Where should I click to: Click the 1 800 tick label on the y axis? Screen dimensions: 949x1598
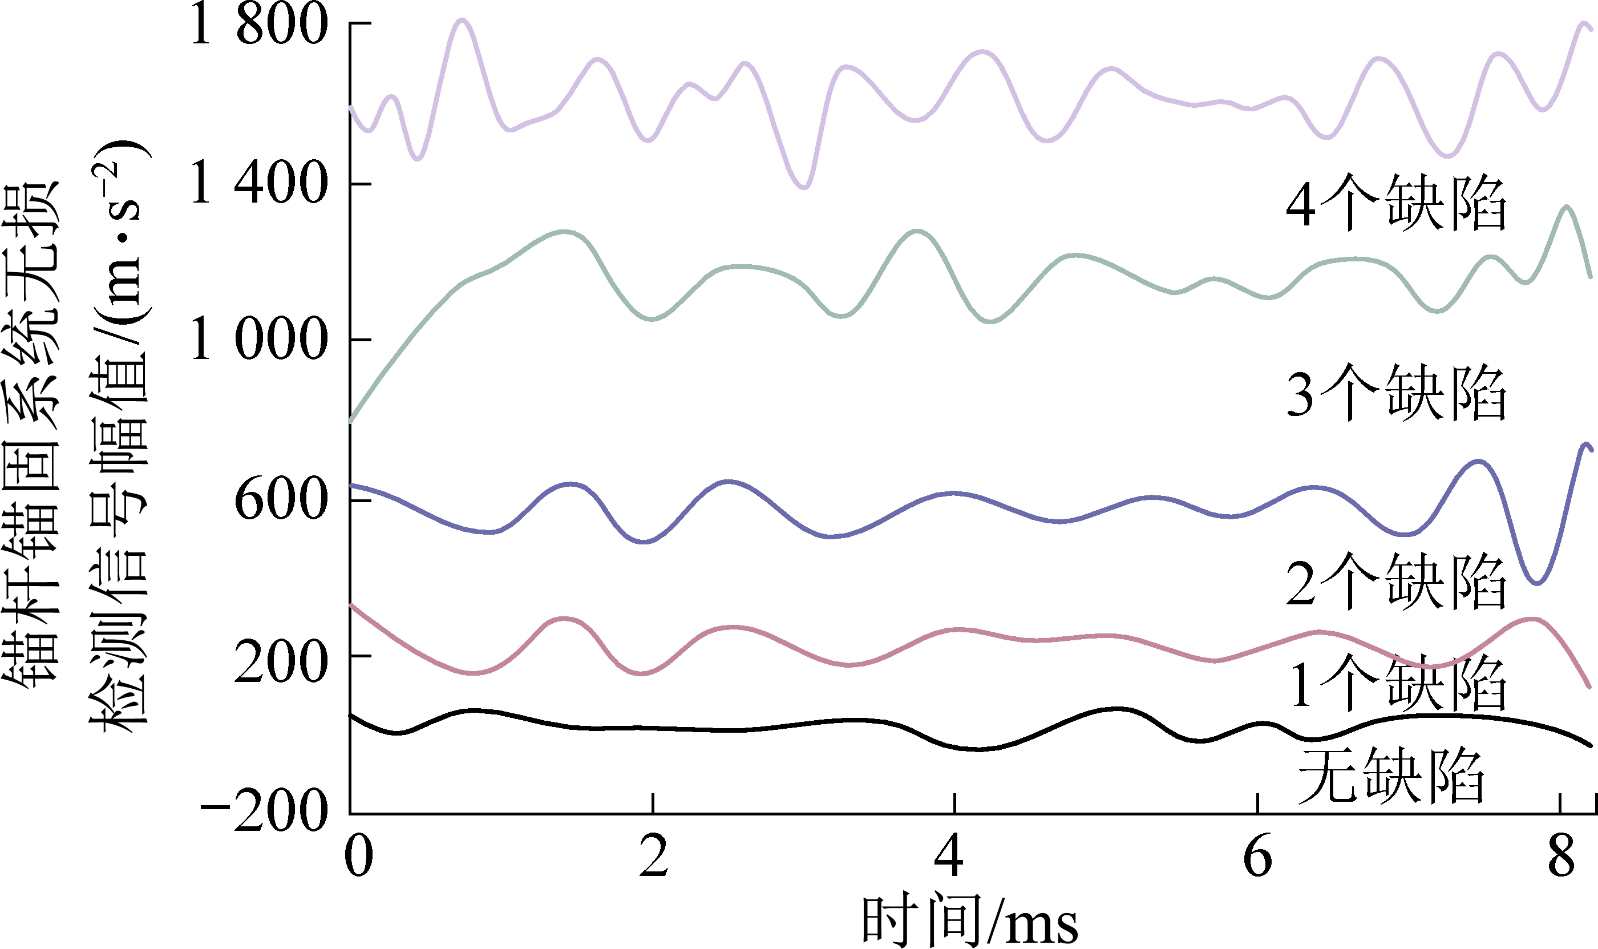coord(259,26)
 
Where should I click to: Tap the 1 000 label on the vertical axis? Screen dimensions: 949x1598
coord(259,340)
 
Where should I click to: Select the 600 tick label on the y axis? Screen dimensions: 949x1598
coord(281,499)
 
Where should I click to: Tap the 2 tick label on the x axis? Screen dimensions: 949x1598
coord(653,857)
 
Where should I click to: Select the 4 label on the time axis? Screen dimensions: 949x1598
coord(949,857)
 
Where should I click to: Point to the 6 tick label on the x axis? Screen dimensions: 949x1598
coord(1258,857)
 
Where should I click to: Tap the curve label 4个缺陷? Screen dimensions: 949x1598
coord(1396,203)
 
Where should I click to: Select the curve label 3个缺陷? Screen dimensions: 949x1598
coord(1396,393)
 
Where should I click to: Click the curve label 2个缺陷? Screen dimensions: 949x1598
coord(1396,582)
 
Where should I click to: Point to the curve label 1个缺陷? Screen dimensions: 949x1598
coord(1396,684)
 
